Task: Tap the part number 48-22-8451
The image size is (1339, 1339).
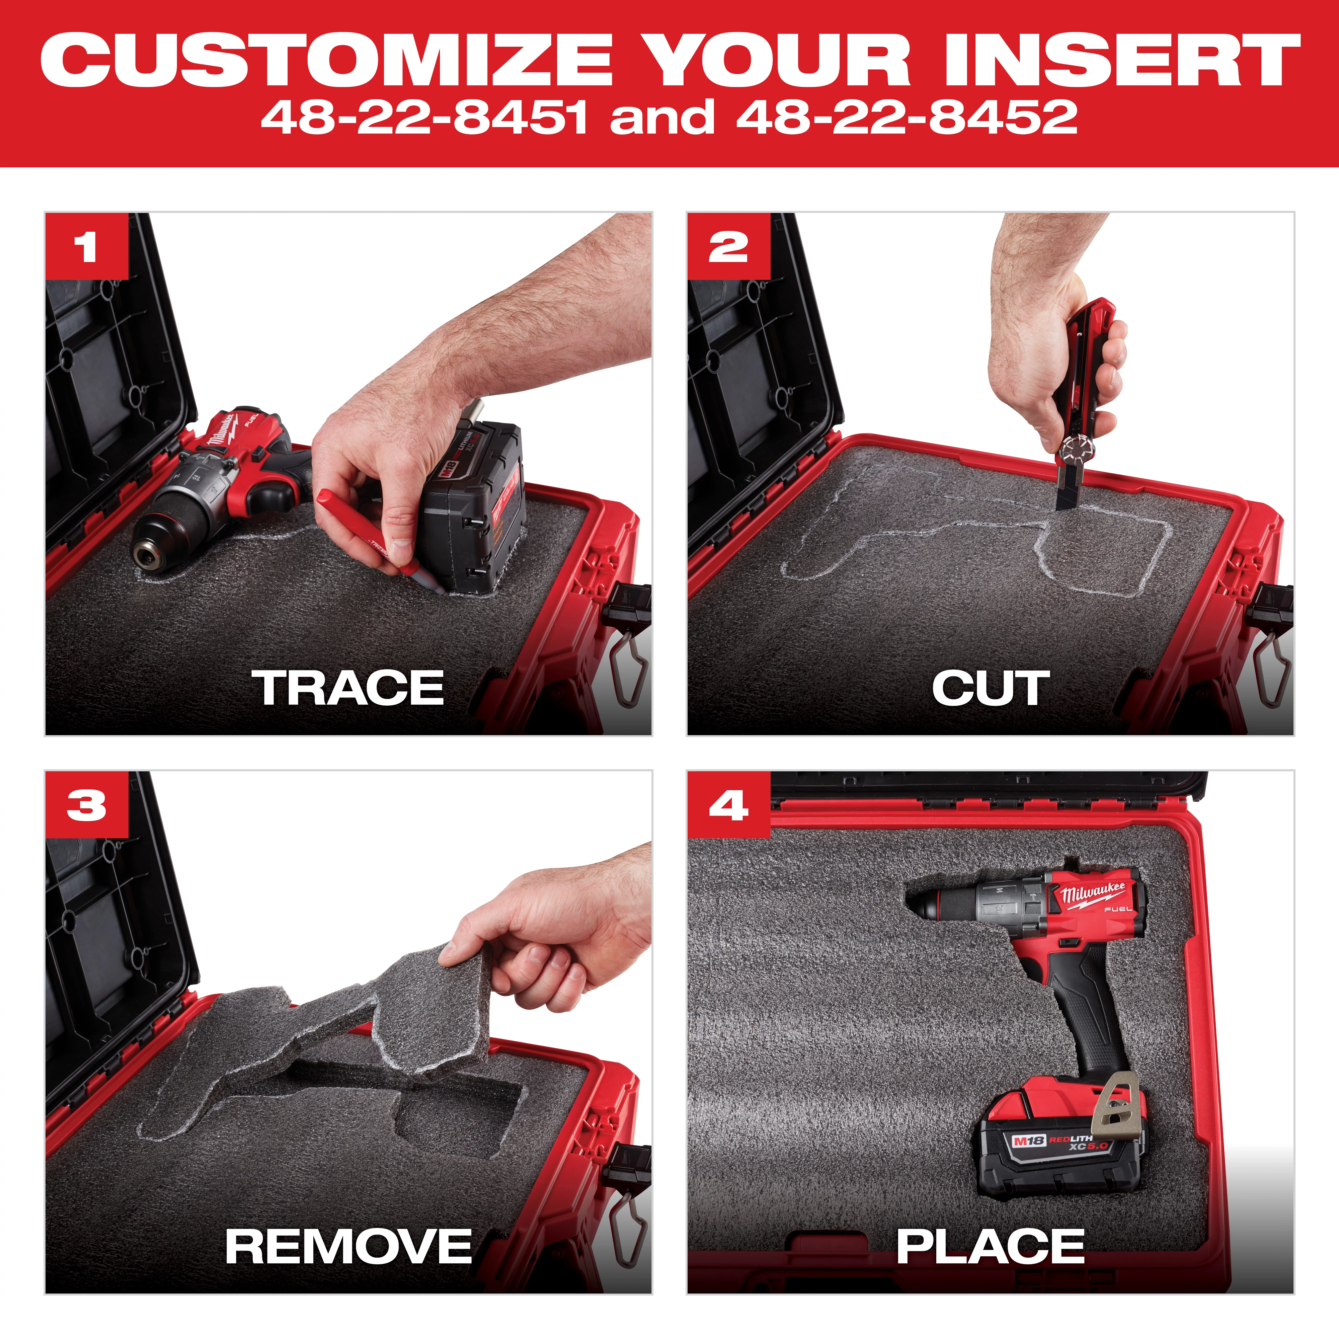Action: point(424,116)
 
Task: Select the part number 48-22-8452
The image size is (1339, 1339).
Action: point(907,116)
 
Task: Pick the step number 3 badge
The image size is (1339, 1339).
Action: point(87,805)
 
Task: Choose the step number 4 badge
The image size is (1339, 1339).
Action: point(728,805)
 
